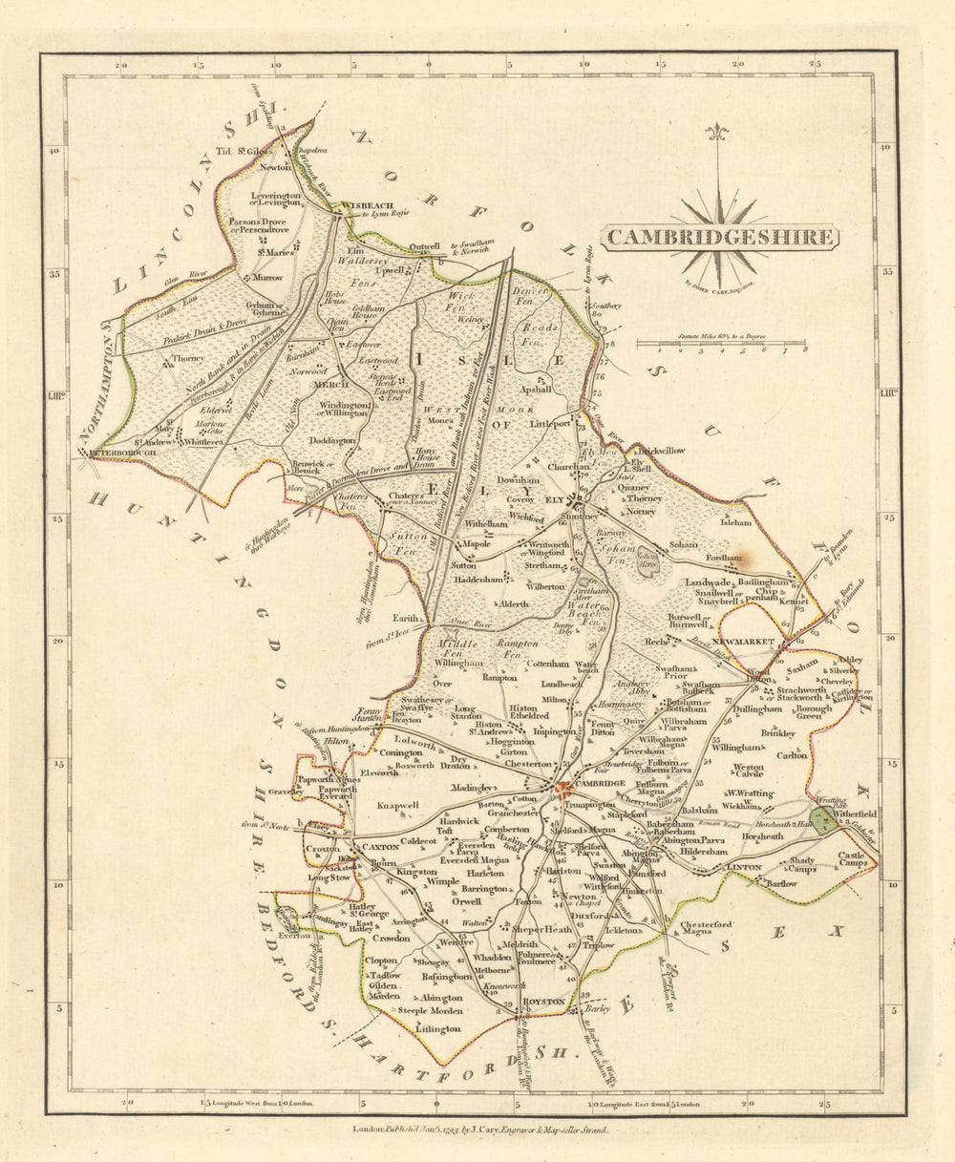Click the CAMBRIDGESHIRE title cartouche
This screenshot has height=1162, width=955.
click(x=718, y=237)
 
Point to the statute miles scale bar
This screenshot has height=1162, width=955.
click(x=720, y=343)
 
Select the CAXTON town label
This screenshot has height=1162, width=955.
click(x=374, y=845)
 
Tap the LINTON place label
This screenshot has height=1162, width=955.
click(x=745, y=867)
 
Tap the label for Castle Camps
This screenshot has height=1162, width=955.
click(x=849, y=861)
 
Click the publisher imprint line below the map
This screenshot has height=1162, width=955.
click(x=480, y=1128)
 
